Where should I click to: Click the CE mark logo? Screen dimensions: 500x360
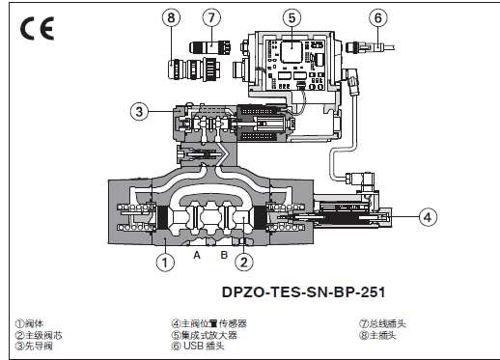pos(37,29)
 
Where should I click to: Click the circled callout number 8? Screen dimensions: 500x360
pos(171,17)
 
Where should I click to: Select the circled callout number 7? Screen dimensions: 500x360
pos(211,17)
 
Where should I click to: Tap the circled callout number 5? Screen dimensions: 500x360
pos(292,17)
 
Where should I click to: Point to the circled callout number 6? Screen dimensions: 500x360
pos(378,17)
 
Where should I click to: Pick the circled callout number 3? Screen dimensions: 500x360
pos(139,111)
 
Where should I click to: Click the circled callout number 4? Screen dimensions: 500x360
pos(428,217)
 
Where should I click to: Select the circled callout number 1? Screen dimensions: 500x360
pos(165,263)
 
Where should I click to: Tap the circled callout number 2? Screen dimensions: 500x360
pos(244,263)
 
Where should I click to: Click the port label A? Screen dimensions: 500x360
pos(197,255)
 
